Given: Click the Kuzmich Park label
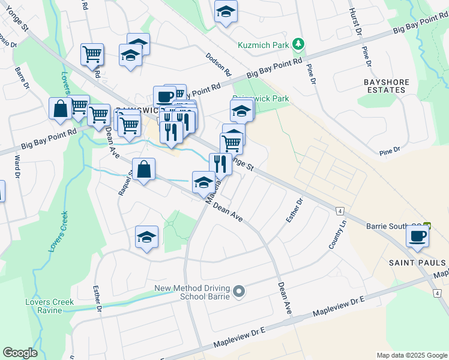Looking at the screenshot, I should pos(263,44).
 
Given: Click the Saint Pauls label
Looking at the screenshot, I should pos(418,263).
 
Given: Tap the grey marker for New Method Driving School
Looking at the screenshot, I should pos(239,292).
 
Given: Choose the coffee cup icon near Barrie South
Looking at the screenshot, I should pos(417,235).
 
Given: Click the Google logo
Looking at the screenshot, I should pos(20,352).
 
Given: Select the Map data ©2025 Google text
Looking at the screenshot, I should pos(411,355).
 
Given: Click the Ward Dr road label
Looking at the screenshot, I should pos(17,169).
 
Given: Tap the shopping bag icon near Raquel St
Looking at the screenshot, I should pos(144,170).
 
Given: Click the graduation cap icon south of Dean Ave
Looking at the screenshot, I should pos(146,237).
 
